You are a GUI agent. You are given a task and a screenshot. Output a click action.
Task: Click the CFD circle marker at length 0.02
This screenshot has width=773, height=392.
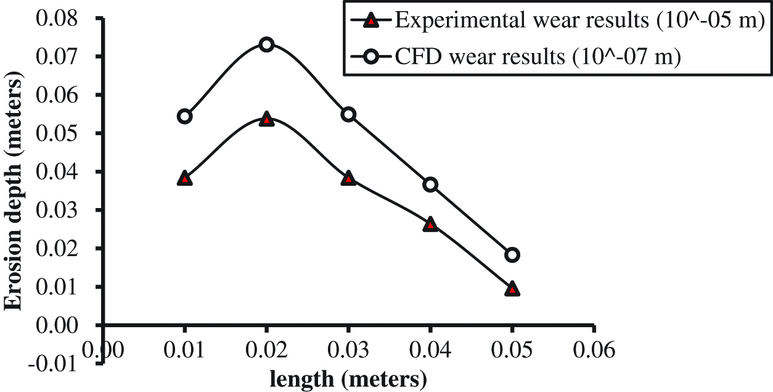click(x=266, y=44)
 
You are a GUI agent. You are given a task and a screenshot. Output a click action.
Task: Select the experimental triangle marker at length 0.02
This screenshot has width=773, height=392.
click(x=266, y=119)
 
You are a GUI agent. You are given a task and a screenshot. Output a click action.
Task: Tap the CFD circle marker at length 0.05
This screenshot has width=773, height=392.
click(x=512, y=254)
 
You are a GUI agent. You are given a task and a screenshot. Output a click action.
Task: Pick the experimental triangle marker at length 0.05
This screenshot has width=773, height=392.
click(x=512, y=289)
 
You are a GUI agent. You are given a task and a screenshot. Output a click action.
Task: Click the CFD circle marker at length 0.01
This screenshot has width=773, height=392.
click(x=184, y=116)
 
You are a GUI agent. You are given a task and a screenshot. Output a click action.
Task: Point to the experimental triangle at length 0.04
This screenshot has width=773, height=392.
click(x=430, y=224)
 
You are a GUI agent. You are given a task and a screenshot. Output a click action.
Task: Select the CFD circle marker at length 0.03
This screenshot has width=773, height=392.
click(x=348, y=114)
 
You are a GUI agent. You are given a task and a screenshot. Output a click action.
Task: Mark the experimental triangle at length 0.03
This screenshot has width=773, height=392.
click(x=348, y=178)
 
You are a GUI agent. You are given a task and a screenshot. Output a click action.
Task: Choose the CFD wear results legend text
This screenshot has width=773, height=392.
click(x=536, y=57)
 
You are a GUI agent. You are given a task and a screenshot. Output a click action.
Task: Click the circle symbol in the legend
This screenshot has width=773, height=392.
click(x=370, y=57)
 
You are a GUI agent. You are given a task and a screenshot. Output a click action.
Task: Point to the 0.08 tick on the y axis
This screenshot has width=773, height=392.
click(x=62, y=18)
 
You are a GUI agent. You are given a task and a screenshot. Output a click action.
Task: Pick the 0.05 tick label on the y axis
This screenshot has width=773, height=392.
click(x=62, y=133)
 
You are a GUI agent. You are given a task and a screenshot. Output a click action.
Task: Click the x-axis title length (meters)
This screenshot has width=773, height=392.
click(x=349, y=378)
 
